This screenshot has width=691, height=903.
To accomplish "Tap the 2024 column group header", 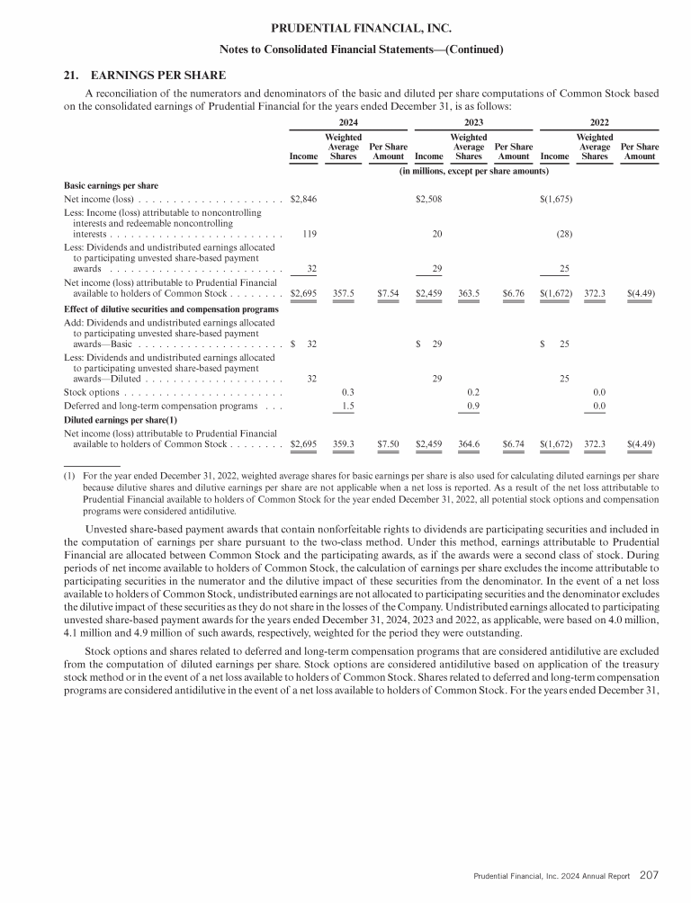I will click(x=348, y=120).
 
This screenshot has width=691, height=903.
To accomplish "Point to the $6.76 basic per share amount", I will click(x=514, y=292).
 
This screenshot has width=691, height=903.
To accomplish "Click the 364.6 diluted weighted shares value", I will click(x=469, y=443).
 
